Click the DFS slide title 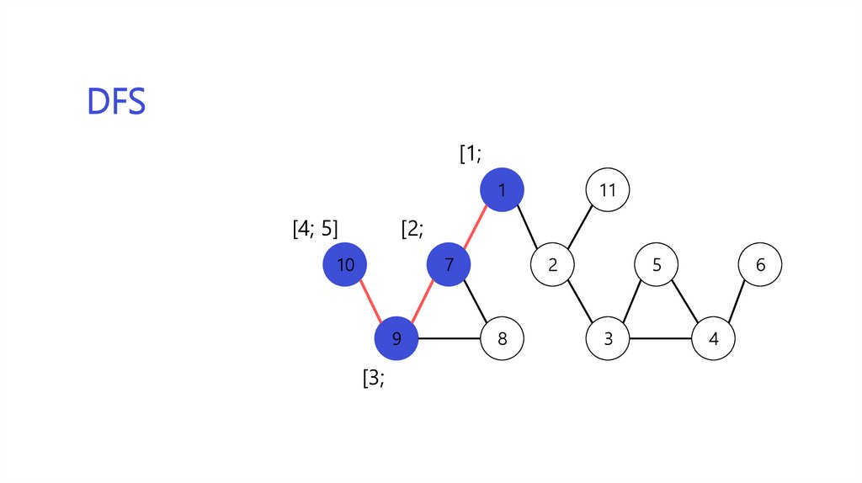click(x=116, y=102)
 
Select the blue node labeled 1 click(x=502, y=190)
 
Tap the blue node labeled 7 click(x=449, y=265)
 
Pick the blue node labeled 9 click(x=396, y=339)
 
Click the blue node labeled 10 click(x=344, y=265)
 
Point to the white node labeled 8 click(x=502, y=339)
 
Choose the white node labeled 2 click(x=552, y=265)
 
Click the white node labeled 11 click(x=607, y=190)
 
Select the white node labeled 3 click(x=608, y=339)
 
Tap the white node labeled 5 click(x=657, y=265)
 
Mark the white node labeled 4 click(x=713, y=339)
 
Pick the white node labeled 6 click(x=760, y=265)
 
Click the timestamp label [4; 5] click(x=315, y=229)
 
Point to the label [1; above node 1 click(x=470, y=154)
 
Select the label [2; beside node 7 click(x=412, y=229)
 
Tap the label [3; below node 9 click(x=373, y=379)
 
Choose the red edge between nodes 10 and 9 click(x=370, y=302)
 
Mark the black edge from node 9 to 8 click(x=449, y=339)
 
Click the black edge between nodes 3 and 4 click(x=660, y=339)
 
